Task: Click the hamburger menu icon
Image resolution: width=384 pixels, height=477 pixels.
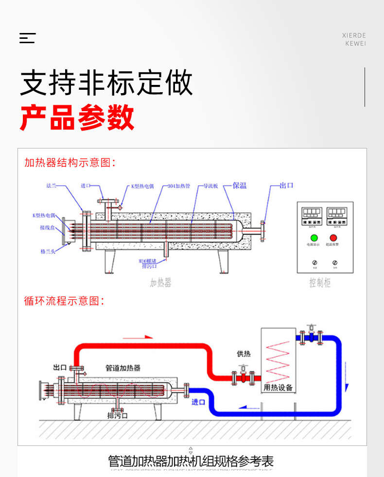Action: [x=27, y=38]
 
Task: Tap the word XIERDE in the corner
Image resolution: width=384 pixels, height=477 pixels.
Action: [x=354, y=35]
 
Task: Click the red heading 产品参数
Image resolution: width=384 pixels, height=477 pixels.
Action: [x=77, y=117]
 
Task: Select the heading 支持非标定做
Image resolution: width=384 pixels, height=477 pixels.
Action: [x=106, y=83]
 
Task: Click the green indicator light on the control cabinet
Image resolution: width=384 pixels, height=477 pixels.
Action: [x=314, y=238]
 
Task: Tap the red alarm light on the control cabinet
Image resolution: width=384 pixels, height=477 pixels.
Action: [x=333, y=238]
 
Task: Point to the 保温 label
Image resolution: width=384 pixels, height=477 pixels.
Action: [x=239, y=185]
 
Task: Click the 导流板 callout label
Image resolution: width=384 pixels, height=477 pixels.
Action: [x=210, y=186]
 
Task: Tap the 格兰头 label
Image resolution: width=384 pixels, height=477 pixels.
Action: [x=48, y=251]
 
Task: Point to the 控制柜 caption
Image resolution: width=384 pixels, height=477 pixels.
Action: [x=320, y=283]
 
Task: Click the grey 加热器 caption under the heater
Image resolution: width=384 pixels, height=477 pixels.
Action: [x=161, y=283]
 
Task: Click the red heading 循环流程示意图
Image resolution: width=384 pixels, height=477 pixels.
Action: [x=64, y=301]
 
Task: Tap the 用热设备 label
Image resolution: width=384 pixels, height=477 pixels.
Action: [x=278, y=388]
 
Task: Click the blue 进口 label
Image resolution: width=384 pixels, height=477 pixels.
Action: [x=198, y=402]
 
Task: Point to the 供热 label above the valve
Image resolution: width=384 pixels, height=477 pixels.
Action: [x=243, y=354]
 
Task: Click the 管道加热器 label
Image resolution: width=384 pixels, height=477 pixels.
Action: [x=123, y=368]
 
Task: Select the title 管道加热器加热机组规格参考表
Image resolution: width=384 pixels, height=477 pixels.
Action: [x=191, y=461]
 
